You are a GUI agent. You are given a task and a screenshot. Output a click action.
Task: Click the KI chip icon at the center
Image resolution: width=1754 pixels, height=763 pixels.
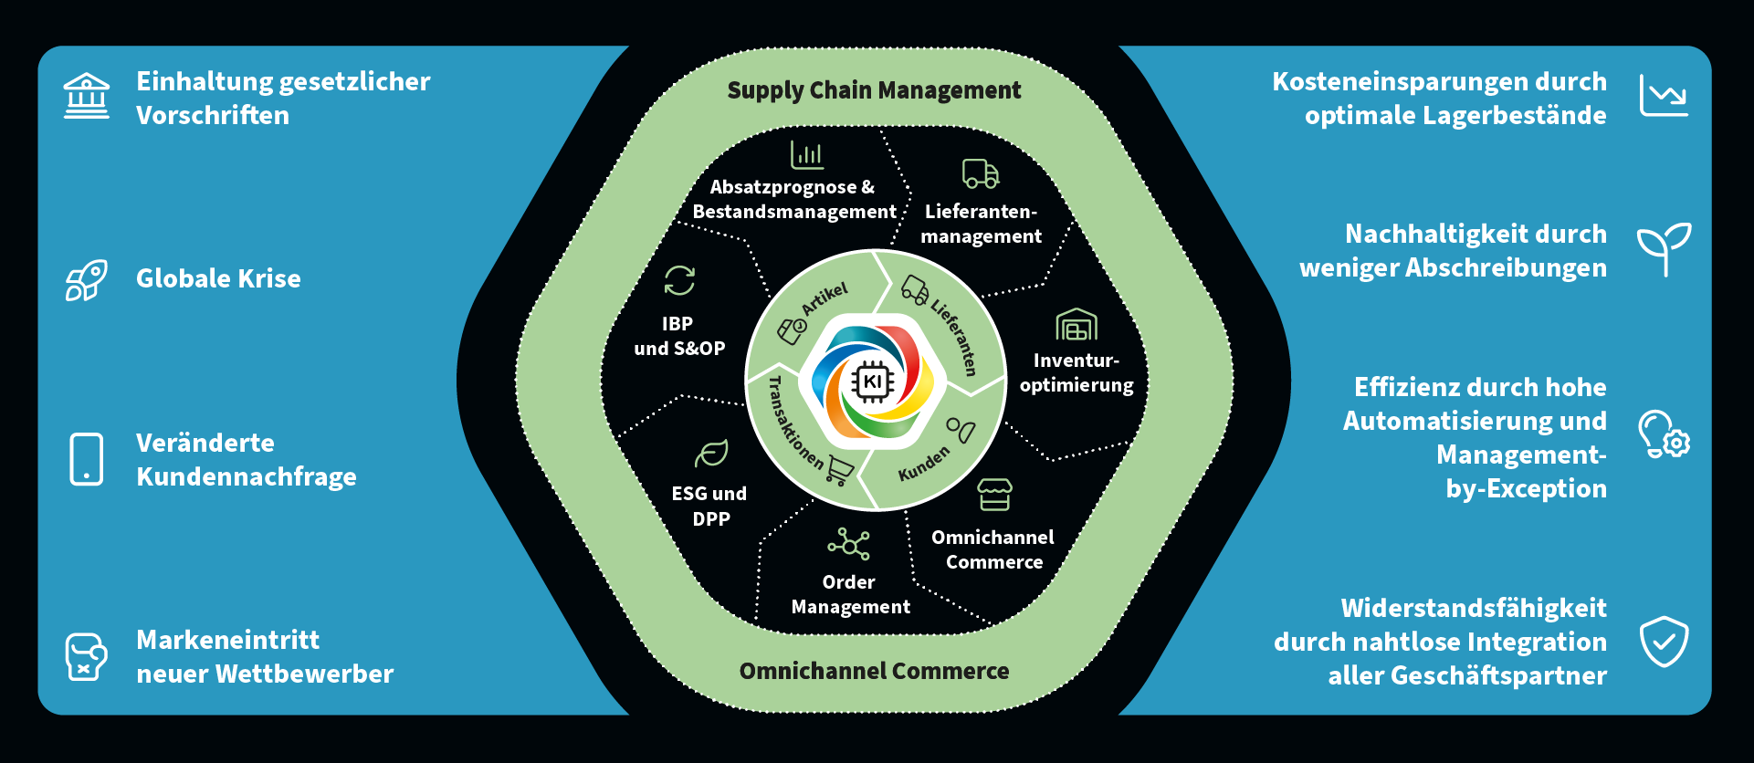873,381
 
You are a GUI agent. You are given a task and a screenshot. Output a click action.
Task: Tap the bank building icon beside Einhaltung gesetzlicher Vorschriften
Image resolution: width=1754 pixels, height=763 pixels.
87,97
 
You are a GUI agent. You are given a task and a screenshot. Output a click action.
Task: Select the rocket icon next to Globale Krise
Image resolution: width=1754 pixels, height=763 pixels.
87,279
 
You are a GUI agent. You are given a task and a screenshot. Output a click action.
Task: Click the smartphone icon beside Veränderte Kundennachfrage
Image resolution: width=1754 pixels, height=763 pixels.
87,459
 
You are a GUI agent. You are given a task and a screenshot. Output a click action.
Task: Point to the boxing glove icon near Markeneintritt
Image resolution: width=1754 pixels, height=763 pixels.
86,656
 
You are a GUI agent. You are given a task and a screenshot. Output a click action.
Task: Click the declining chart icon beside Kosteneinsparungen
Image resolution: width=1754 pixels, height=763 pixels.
1664,96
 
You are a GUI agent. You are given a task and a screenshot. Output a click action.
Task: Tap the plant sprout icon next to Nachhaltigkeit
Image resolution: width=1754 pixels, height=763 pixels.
1664,248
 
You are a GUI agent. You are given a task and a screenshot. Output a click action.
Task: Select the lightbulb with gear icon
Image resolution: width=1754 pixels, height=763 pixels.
1663,434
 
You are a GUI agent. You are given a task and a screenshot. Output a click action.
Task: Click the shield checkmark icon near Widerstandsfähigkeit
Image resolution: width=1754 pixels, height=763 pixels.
1664,641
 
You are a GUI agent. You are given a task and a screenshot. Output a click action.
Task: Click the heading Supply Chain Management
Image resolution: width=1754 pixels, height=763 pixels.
874,90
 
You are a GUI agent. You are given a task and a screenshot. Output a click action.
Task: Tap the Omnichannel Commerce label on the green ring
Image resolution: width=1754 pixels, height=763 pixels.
874,671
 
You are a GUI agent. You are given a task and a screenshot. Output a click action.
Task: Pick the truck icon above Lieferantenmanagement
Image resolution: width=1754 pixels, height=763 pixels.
981,173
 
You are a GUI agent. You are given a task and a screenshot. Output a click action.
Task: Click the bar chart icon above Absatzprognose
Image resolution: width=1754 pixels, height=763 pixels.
807,154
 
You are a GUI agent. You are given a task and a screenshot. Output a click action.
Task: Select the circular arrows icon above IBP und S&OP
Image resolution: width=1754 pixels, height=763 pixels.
679,280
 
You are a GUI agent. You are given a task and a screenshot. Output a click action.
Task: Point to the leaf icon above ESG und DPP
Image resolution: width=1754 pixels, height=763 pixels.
711,454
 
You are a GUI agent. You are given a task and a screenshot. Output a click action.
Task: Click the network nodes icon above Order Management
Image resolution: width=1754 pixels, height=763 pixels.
849,544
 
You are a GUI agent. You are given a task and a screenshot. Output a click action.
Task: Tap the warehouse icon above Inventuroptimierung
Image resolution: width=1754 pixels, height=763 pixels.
1077,324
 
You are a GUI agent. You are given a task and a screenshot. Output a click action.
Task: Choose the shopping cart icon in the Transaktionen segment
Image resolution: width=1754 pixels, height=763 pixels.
841,470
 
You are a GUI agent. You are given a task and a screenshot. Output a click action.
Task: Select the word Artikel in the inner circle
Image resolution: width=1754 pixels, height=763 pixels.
824,298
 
